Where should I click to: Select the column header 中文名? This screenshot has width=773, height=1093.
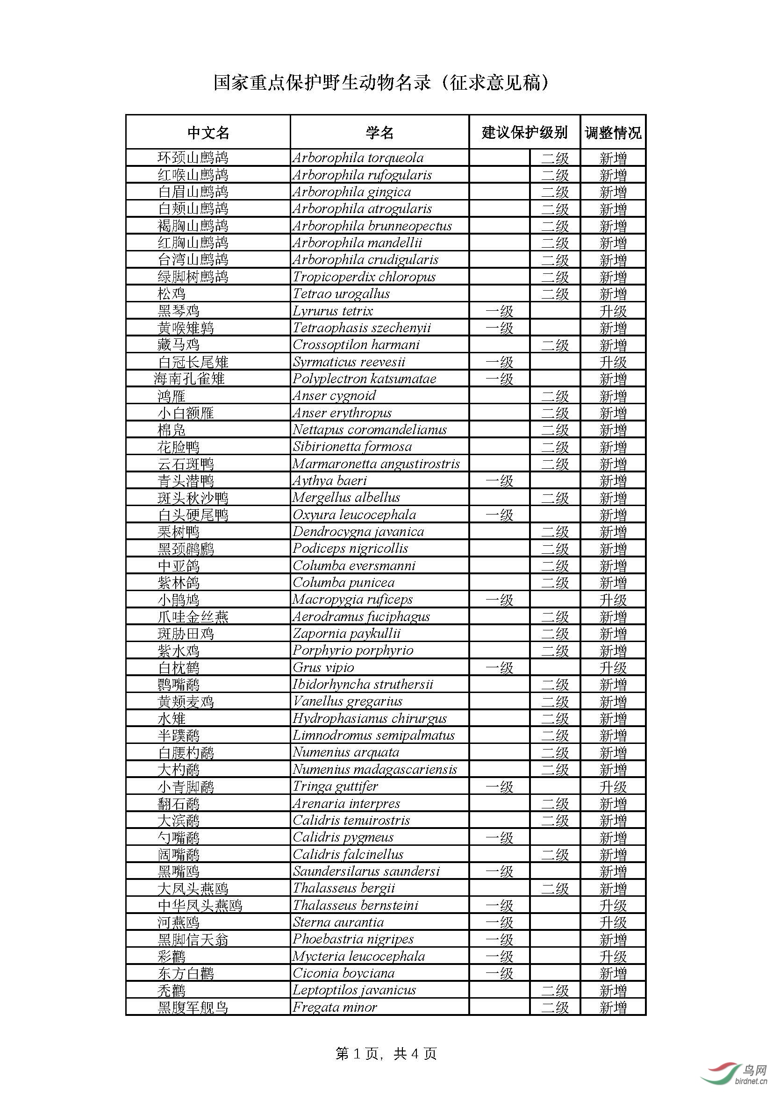click(x=208, y=132)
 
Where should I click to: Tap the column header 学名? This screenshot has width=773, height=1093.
click(x=379, y=132)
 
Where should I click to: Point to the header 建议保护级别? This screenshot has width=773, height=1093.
click(x=524, y=132)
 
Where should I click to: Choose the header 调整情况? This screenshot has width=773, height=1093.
click(x=613, y=132)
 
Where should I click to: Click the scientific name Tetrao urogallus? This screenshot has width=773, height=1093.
click(x=341, y=294)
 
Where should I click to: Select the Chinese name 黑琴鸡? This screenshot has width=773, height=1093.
click(x=179, y=311)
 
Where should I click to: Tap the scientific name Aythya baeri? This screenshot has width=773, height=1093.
click(x=329, y=481)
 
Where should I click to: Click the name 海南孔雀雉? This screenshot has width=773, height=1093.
click(x=189, y=379)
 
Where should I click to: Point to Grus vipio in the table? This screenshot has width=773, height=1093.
click(x=323, y=667)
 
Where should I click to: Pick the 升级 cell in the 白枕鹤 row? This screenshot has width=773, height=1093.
click(x=613, y=667)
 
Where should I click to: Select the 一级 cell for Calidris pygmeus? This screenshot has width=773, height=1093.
click(x=499, y=837)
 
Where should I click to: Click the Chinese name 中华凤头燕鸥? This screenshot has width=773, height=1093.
click(x=200, y=906)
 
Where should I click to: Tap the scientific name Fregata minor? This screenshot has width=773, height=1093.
click(x=335, y=1007)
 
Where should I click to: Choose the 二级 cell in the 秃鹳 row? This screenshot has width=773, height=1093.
click(x=555, y=990)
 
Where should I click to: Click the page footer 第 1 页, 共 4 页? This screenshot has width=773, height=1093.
click(x=386, y=1054)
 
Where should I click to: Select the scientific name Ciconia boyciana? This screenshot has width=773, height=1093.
click(x=344, y=973)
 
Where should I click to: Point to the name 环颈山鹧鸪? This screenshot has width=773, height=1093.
click(x=193, y=157)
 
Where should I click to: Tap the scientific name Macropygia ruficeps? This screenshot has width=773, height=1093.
click(x=352, y=600)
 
